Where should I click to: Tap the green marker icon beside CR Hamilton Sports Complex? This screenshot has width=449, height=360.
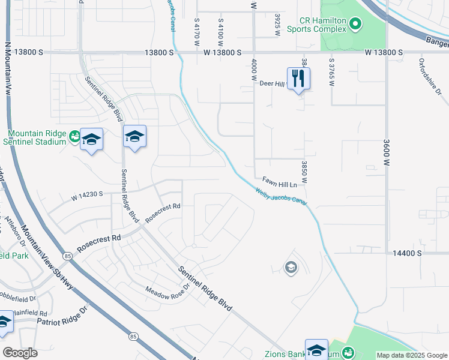point(355,24)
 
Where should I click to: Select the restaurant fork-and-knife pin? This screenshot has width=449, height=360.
point(299,78)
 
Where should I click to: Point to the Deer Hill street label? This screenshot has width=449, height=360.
point(271,84)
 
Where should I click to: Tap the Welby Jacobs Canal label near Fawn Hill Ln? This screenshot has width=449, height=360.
point(281,198)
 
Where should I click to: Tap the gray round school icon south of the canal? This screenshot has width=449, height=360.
point(291,268)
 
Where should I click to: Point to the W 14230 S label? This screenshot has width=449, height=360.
point(87,194)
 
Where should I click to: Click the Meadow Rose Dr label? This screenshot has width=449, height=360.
point(168,289)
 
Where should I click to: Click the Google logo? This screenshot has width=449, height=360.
point(20,353)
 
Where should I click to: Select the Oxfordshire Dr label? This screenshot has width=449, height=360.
point(430,85)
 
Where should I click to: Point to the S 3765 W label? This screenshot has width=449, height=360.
point(331,71)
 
